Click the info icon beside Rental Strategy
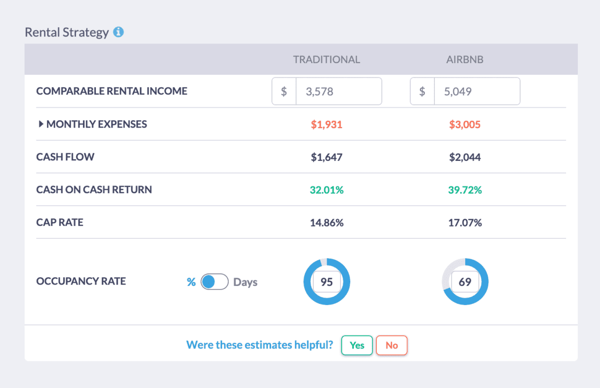[x=118, y=32]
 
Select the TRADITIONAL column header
[x=326, y=59]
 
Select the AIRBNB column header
[x=465, y=59]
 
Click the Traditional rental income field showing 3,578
[x=338, y=92]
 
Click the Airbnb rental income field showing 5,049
[x=476, y=92]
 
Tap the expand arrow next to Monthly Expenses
[x=41, y=124]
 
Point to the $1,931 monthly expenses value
[x=326, y=125]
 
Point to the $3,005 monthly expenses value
[x=465, y=125]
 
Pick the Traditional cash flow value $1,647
[x=326, y=157]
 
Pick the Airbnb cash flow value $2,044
[x=465, y=157]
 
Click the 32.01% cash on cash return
[x=326, y=190]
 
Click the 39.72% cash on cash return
[x=465, y=190]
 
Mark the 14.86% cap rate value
[x=326, y=223]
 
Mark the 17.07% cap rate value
[x=465, y=223]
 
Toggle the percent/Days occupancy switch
[x=214, y=282]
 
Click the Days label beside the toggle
[x=245, y=282]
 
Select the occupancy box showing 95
[x=326, y=282]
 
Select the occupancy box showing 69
[x=465, y=282]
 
